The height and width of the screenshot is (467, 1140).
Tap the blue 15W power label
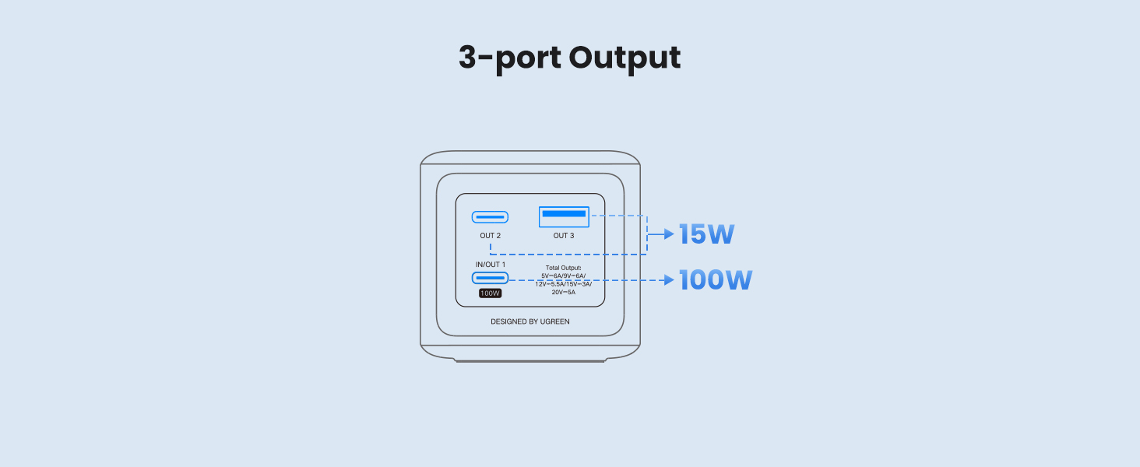point(706,234)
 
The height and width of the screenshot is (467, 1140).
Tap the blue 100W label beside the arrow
point(715,280)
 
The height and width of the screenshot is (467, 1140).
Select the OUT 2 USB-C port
point(490,217)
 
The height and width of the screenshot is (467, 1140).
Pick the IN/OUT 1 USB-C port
point(490,279)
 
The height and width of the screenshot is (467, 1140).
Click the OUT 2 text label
point(491,236)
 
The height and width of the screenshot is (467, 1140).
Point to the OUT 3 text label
point(564,236)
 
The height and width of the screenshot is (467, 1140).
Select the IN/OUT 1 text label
point(491,265)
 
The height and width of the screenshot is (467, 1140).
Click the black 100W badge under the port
point(490,293)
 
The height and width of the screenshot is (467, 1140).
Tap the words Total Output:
point(564,267)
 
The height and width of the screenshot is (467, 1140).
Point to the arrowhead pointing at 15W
point(668,233)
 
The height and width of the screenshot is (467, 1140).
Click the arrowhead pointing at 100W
point(668,280)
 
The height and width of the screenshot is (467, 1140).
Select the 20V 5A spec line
point(564,293)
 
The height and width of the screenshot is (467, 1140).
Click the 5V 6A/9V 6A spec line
point(564,276)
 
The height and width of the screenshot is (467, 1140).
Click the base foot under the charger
point(530,360)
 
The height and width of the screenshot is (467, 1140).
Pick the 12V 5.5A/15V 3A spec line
point(564,284)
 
